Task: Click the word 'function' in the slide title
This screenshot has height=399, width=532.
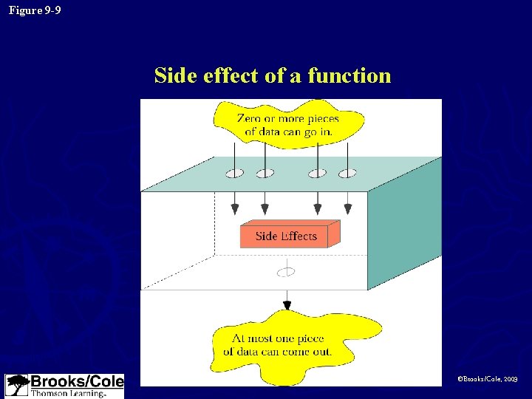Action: coord(349,75)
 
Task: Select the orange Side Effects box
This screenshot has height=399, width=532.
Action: coord(288,235)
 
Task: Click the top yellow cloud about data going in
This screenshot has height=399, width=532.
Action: coord(288,125)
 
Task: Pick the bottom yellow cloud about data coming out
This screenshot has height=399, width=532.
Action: coord(288,346)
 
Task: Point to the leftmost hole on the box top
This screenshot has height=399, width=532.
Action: coord(235,174)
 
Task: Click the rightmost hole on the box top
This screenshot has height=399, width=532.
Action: coord(347,174)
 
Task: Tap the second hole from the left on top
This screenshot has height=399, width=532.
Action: coord(265,174)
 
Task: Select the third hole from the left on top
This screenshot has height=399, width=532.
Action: coord(318,174)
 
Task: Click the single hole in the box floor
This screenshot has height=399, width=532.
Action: coord(286,272)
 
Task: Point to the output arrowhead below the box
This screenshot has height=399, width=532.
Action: coord(287,305)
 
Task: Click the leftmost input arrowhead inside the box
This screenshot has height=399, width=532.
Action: coord(235,209)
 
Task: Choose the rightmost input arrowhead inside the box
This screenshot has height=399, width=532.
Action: coord(347,209)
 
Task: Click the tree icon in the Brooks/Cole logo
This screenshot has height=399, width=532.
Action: coord(17,385)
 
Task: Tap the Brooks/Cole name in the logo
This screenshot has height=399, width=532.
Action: coord(77,381)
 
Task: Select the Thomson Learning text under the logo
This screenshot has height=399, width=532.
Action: coord(68,394)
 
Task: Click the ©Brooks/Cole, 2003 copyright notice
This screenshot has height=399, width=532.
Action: coord(487,378)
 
